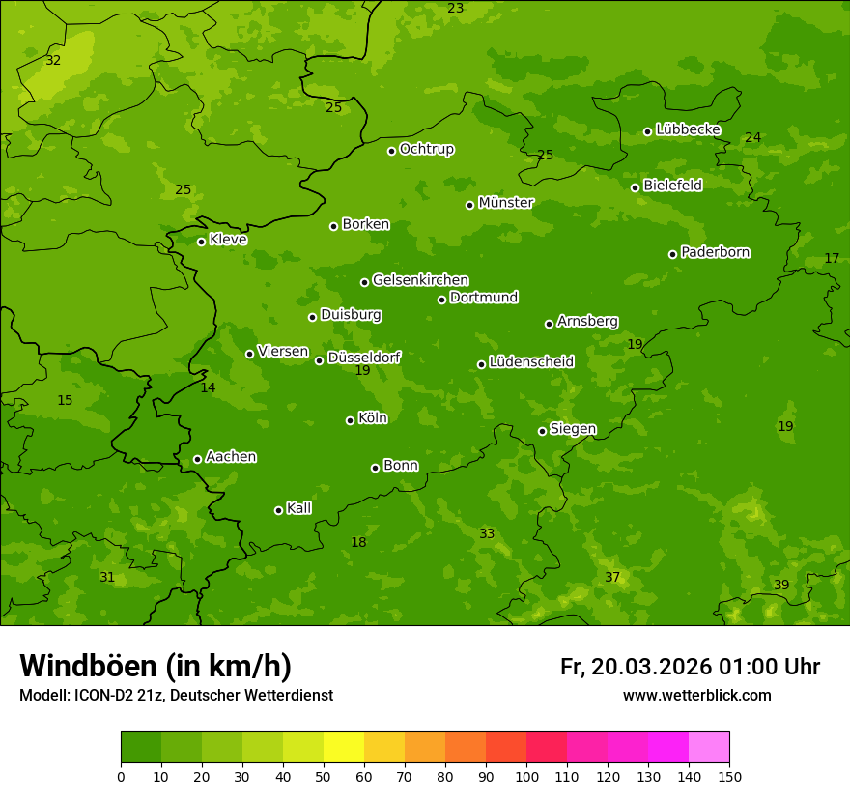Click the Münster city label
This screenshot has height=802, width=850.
tap(505, 203)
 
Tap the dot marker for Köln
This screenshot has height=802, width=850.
tap(350, 420)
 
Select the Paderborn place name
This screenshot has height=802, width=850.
tap(715, 252)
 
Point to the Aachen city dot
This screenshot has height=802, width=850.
tap(197, 459)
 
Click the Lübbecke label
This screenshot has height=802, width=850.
tap(688, 129)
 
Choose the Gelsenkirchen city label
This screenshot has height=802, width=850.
tap(420, 280)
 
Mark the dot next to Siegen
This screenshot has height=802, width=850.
tap(542, 431)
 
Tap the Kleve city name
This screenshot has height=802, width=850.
tap(228, 240)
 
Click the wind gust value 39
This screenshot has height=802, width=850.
tap(781, 585)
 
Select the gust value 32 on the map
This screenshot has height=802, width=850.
tap(53, 60)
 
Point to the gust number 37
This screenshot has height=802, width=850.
tap(612, 577)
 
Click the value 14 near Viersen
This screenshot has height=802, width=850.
tap(208, 387)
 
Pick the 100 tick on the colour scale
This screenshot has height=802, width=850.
tap(526, 776)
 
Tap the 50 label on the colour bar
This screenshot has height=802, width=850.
tap(324, 776)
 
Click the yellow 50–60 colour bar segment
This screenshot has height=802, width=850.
tap(344, 748)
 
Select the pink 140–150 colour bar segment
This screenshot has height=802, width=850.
tap(709, 748)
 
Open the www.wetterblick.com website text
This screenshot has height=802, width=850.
tap(696, 695)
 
